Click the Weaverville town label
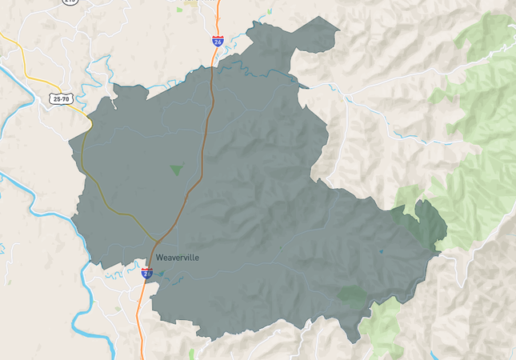tap(178, 258)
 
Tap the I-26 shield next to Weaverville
tap(147, 272)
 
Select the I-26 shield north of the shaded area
tap(218, 40)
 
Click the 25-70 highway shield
tap(60, 98)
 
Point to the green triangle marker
tap(176, 170)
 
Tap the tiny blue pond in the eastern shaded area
tap(381, 252)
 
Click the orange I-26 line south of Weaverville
tap(142, 320)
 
